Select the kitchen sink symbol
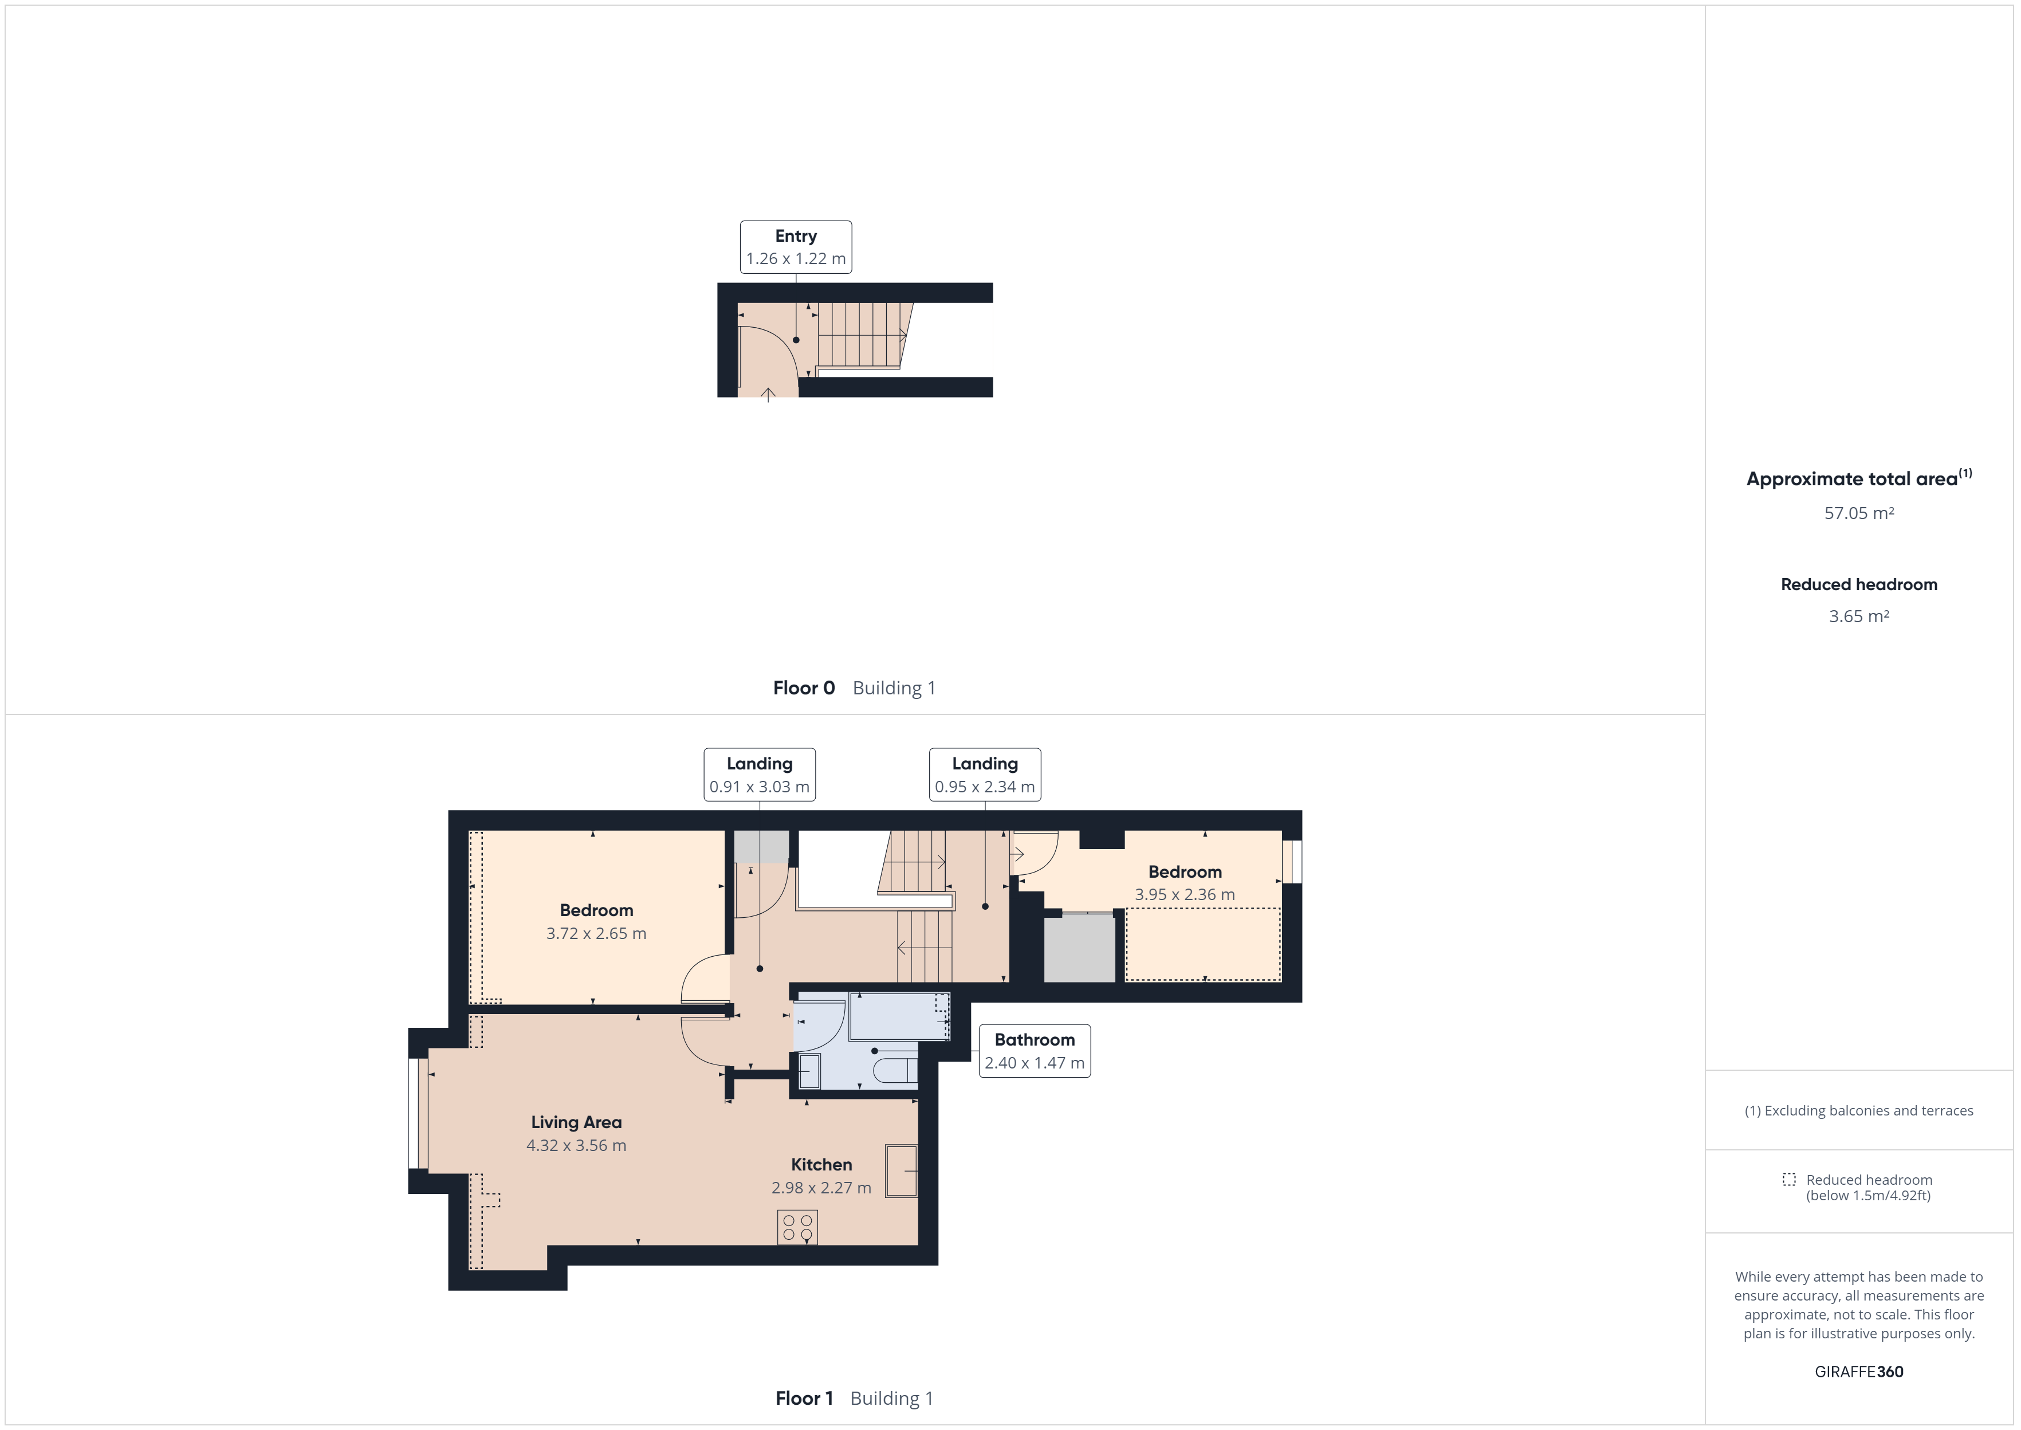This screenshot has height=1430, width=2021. tap(901, 1171)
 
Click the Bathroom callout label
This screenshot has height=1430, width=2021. tap(1034, 1051)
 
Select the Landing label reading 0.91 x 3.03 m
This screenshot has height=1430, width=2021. tap(759, 786)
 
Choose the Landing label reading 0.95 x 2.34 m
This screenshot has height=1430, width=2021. tap(984, 786)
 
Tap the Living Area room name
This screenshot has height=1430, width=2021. tap(576, 1122)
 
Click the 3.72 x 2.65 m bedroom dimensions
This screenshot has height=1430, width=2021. tap(596, 933)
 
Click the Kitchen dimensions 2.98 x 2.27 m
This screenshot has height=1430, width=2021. tap(820, 1188)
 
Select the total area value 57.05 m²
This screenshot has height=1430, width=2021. tap(1858, 513)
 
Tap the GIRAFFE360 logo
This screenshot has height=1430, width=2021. tap(1858, 1371)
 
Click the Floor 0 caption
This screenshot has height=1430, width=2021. tap(803, 687)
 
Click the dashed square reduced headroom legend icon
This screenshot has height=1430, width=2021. tap(1788, 1179)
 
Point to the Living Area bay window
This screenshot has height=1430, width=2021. tap(418, 1114)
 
